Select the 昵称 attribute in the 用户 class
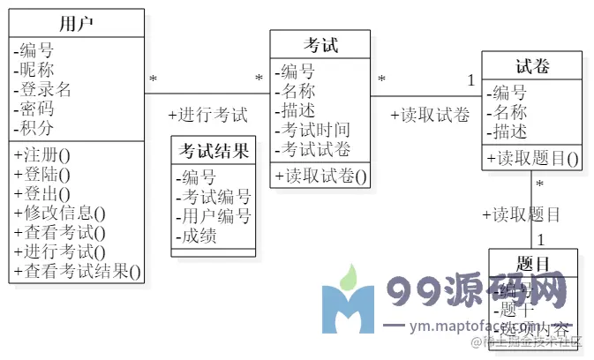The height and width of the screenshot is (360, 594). point(36,70)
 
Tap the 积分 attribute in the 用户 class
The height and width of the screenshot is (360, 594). point(36,128)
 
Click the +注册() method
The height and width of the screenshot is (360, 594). point(42,154)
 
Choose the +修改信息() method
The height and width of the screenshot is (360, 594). point(60,213)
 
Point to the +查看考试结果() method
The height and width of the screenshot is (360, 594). point(78,271)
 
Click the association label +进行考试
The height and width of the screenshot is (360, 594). point(207,115)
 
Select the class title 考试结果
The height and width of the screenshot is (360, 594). point(214,149)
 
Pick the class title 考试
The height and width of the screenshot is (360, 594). point(320,45)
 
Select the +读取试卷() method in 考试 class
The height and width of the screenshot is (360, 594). point(320,176)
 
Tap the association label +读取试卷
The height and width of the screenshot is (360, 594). point(429,115)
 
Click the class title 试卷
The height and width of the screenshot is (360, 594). point(532,66)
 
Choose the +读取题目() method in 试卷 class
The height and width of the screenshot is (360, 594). point(532,159)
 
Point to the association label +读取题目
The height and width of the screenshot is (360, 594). point(521,214)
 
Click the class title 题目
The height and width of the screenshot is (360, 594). point(533,263)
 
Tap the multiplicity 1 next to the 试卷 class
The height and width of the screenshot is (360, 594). point(470,80)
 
